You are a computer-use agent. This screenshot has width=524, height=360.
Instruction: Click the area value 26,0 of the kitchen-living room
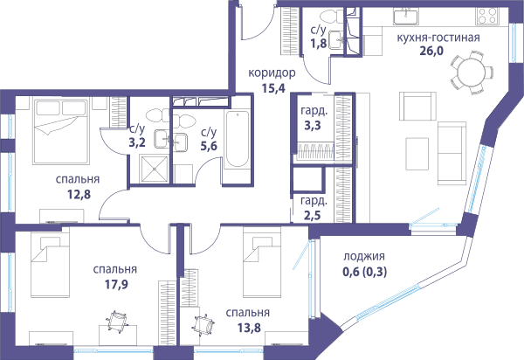(431, 52)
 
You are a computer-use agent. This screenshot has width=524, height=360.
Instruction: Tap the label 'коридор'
(272, 73)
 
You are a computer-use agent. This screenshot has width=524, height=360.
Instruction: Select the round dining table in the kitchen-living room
(471, 73)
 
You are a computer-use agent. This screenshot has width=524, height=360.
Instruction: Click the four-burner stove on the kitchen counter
(487, 16)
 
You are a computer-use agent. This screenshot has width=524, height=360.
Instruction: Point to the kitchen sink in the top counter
(405, 17)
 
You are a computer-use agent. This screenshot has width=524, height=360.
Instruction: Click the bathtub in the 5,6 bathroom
(237, 140)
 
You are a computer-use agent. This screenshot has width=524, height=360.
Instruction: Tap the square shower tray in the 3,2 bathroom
(154, 170)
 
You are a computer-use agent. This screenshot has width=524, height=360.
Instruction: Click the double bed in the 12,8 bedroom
(61, 131)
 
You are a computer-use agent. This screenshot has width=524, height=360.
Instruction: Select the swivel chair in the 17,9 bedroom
(117, 322)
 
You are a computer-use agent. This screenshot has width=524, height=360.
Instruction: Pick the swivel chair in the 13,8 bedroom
(203, 325)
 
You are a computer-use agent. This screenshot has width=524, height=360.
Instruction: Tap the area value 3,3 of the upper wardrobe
(313, 125)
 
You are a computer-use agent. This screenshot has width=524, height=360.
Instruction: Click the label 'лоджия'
(364, 257)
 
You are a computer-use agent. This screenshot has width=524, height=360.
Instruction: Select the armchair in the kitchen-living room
(417, 107)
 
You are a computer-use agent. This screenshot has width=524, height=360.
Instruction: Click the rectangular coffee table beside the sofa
(417, 154)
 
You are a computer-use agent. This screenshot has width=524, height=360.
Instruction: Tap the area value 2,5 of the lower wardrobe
(312, 216)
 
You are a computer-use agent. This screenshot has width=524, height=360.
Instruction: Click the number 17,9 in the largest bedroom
(116, 285)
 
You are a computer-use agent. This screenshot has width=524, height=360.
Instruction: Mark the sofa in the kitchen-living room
(452, 153)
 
